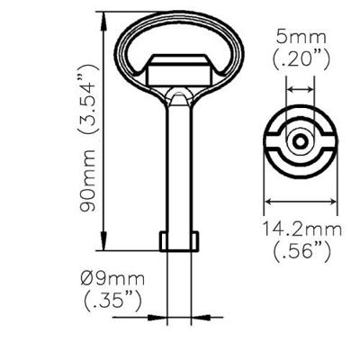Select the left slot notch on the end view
tap(272, 143)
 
